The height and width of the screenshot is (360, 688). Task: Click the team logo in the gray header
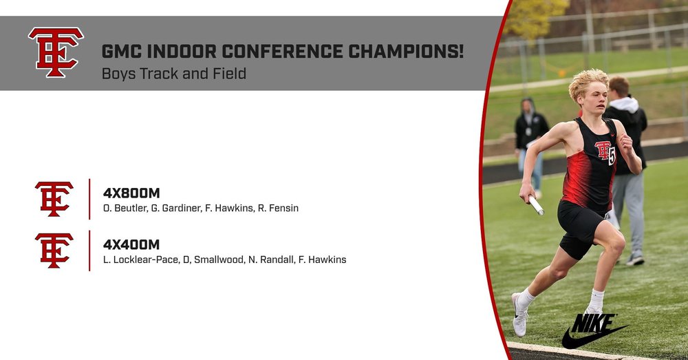pos(56,52)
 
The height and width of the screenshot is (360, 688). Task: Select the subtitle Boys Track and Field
pos(173,73)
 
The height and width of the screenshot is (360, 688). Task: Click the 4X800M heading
pos(131,193)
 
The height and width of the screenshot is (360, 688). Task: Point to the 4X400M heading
pos(131,244)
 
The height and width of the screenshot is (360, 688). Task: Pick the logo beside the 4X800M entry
pos(54,199)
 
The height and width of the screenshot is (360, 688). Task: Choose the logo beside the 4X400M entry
pos(54,251)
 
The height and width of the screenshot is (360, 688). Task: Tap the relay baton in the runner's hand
pos(536,205)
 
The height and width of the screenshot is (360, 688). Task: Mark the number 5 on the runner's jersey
pos(612,156)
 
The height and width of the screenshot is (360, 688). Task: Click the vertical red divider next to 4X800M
pos(89,199)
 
